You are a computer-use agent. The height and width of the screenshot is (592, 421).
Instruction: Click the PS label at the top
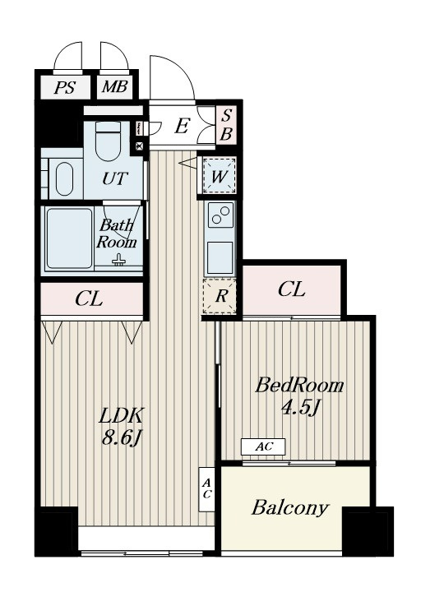click(x=65, y=88)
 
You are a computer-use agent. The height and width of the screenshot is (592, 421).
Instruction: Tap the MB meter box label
click(x=115, y=87)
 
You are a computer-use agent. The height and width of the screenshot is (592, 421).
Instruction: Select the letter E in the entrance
click(x=182, y=126)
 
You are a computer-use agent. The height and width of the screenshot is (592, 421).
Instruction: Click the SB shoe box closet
click(x=226, y=125)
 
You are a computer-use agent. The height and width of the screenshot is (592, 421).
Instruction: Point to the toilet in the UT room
click(x=108, y=141)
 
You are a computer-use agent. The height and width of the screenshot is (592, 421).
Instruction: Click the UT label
click(x=115, y=178)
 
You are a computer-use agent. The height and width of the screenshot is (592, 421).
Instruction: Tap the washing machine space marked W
click(x=220, y=176)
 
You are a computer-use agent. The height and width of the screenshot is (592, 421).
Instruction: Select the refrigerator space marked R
click(x=220, y=296)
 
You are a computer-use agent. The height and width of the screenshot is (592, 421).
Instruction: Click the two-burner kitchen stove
click(x=220, y=215)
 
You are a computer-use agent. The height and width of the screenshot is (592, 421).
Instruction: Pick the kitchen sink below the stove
click(x=220, y=257)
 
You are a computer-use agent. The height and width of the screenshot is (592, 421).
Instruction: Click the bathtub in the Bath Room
click(x=69, y=238)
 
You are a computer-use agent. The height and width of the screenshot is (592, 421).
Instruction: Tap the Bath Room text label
click(x=116, y=234)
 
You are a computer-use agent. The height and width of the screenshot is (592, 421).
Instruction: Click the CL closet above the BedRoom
click(x=291, y=290)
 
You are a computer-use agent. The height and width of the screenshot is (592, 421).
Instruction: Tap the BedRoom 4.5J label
click(x=299, y=396)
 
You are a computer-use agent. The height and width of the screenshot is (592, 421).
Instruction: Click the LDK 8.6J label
click(x=122, y=427)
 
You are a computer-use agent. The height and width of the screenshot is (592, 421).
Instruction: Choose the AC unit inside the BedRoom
click(x=264, y=446)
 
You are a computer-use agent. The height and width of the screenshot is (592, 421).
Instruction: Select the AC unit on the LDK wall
click(x=206, y=489)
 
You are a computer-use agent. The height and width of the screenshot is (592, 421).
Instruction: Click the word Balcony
click(x=290, y=509)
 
